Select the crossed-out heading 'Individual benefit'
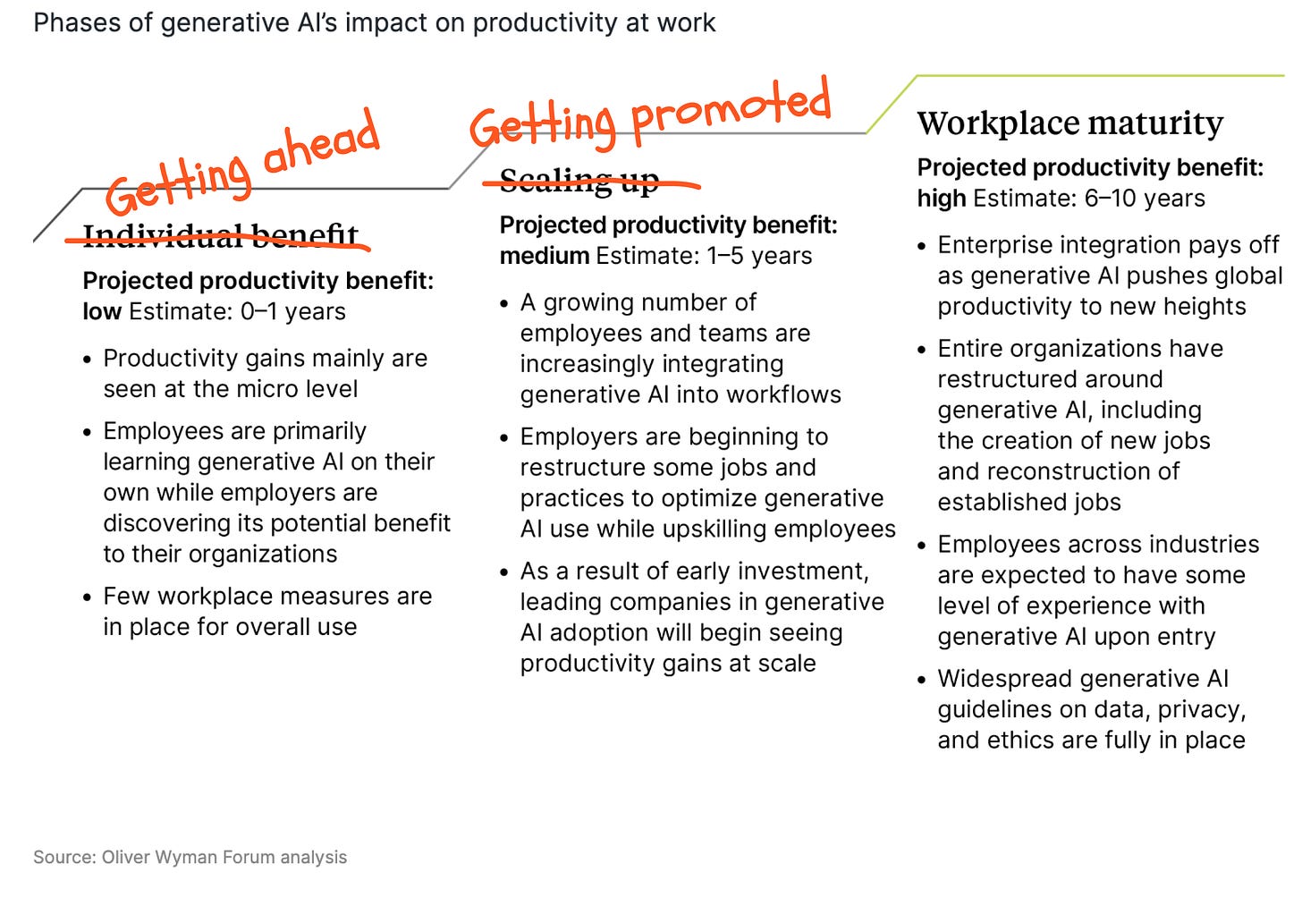[220, 235]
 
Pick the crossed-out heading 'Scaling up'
[579, 181]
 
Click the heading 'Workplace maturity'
[1069, 123]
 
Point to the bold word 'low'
[102, 312]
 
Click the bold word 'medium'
[544, 257]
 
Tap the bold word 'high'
[941, 199]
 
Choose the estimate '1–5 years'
[759, 257]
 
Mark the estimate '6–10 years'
[1145, 199]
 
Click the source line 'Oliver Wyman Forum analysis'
[224, 857]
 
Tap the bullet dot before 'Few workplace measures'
[88, 597]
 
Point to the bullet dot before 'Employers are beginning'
[504, 438]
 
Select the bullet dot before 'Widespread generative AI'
[922, 680]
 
